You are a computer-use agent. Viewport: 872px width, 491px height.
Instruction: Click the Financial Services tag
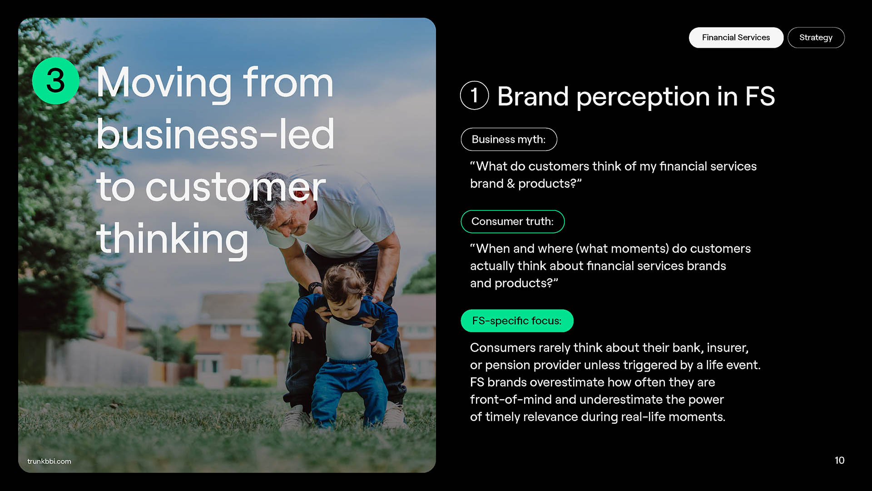click(736, 38)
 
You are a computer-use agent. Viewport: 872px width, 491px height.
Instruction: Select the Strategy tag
click(816, 38)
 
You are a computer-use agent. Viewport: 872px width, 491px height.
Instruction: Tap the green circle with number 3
click(55, 81)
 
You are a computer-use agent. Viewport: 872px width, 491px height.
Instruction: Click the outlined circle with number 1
click(474, 95)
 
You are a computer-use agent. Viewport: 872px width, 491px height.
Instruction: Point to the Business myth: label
click(509, 140)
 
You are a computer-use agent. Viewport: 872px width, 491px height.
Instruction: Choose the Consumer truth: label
click(512, 221)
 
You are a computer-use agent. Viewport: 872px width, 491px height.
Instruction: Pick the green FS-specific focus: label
click(517, 321)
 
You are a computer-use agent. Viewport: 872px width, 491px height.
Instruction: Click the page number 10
click(839, 461)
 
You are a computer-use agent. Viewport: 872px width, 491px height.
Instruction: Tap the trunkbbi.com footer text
click(49, 461)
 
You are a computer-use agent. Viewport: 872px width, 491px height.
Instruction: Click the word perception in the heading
click(643, 97)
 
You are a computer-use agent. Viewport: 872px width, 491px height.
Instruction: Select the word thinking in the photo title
click(173, 239)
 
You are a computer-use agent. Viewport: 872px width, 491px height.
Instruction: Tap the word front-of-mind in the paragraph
click(511, 400)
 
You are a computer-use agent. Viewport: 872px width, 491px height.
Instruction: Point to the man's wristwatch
click(314, 287)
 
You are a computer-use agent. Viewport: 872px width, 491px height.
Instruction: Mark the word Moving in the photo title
click(164, 83)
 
